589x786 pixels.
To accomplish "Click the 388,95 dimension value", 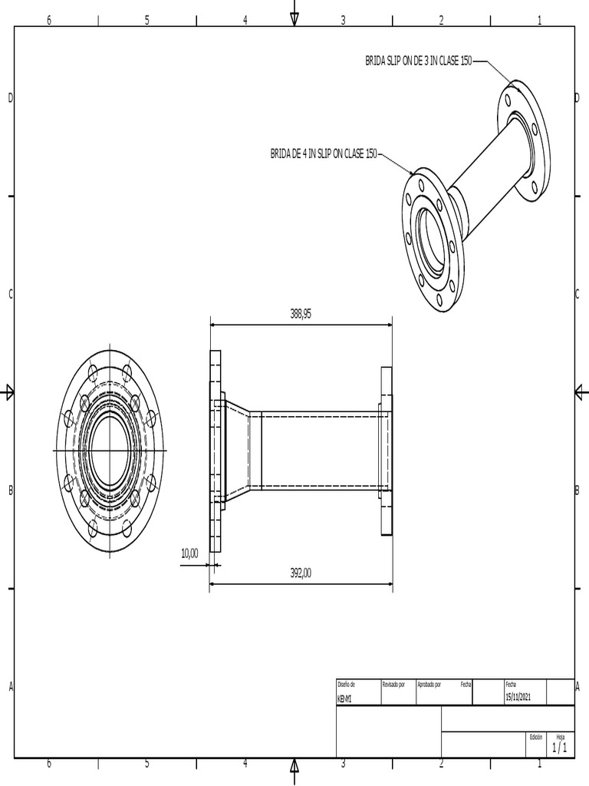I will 301,313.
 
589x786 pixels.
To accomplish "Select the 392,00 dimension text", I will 301,572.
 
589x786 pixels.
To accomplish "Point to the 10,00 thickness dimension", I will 189,553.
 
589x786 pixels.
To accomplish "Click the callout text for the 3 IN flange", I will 418,61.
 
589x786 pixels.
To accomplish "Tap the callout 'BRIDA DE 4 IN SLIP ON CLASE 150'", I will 324,154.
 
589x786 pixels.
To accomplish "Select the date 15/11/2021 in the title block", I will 518,697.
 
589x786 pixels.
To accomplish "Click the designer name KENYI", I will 345,698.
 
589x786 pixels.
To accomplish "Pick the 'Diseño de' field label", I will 347,683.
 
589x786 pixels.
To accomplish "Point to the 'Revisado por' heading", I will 393,683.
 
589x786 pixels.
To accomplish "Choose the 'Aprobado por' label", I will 429,683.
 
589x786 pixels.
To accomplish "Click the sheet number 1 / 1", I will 559,747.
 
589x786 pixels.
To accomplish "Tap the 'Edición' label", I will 535,736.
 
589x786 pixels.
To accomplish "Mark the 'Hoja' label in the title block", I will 560,736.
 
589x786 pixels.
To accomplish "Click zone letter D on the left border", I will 11,97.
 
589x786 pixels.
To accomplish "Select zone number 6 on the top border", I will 49,21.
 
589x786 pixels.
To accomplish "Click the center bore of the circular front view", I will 110,450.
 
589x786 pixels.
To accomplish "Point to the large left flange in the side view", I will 216,451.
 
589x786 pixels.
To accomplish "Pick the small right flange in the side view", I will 387,451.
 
